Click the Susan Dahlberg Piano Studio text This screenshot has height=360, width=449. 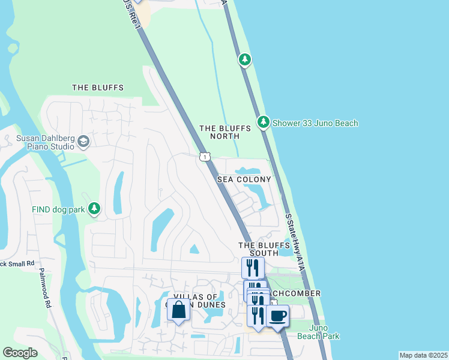45,142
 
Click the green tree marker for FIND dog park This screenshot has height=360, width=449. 94,208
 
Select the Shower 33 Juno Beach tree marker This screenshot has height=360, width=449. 263,122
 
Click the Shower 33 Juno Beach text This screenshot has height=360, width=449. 315,123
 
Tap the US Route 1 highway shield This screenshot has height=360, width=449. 205,157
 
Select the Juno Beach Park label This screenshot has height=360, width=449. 324,332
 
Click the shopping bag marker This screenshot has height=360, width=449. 178,311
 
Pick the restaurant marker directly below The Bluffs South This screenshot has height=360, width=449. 253,268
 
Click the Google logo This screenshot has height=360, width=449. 20,353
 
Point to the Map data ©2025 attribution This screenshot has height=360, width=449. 423,355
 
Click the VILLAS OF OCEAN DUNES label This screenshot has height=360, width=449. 199,301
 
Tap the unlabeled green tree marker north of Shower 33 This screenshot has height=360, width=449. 244,59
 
